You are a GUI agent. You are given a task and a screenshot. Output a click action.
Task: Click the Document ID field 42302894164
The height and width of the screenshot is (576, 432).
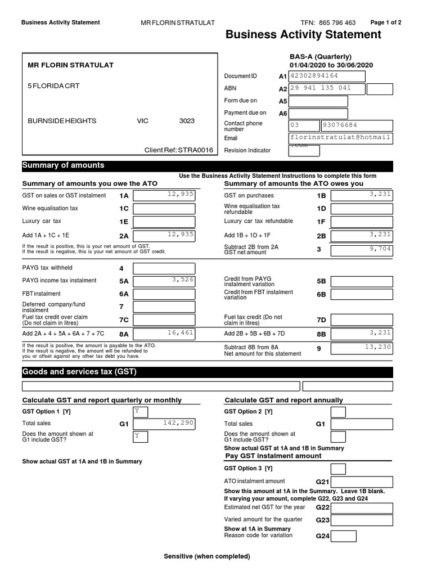[340, 76]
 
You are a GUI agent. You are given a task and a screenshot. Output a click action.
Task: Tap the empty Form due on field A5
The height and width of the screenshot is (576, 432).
[318, 101]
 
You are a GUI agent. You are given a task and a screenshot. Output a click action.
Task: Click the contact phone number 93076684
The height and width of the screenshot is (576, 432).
[356, 125]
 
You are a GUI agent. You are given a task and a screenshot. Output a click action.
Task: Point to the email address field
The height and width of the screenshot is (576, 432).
[340, 138]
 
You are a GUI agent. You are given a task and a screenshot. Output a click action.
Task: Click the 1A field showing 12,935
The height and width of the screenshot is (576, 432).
[164, 195]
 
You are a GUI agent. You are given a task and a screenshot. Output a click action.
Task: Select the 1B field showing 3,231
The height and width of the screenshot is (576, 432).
[361, 195]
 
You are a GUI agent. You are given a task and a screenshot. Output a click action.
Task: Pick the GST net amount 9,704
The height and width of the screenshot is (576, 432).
[361, 249]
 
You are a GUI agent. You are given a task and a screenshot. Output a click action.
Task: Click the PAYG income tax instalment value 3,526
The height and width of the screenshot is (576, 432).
[164, 280]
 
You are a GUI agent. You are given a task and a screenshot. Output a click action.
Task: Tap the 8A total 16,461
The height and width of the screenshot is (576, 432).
[164, 334]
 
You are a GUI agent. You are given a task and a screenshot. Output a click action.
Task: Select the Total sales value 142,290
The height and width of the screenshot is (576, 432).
[164, 424]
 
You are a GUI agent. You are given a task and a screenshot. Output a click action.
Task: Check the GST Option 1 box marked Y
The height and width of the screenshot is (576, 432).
[140, 412]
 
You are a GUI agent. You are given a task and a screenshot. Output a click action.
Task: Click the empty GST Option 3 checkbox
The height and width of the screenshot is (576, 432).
[338, 469]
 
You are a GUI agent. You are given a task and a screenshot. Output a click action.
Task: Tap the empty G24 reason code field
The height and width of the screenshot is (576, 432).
[343, 536]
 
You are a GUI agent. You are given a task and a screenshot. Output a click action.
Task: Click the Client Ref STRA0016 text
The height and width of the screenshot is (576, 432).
[179, 150]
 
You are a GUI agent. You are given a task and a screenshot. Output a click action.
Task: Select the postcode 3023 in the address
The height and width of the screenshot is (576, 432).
[187, 121]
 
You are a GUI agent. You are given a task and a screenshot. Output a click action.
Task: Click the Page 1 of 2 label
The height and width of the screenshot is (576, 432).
[386, 22]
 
